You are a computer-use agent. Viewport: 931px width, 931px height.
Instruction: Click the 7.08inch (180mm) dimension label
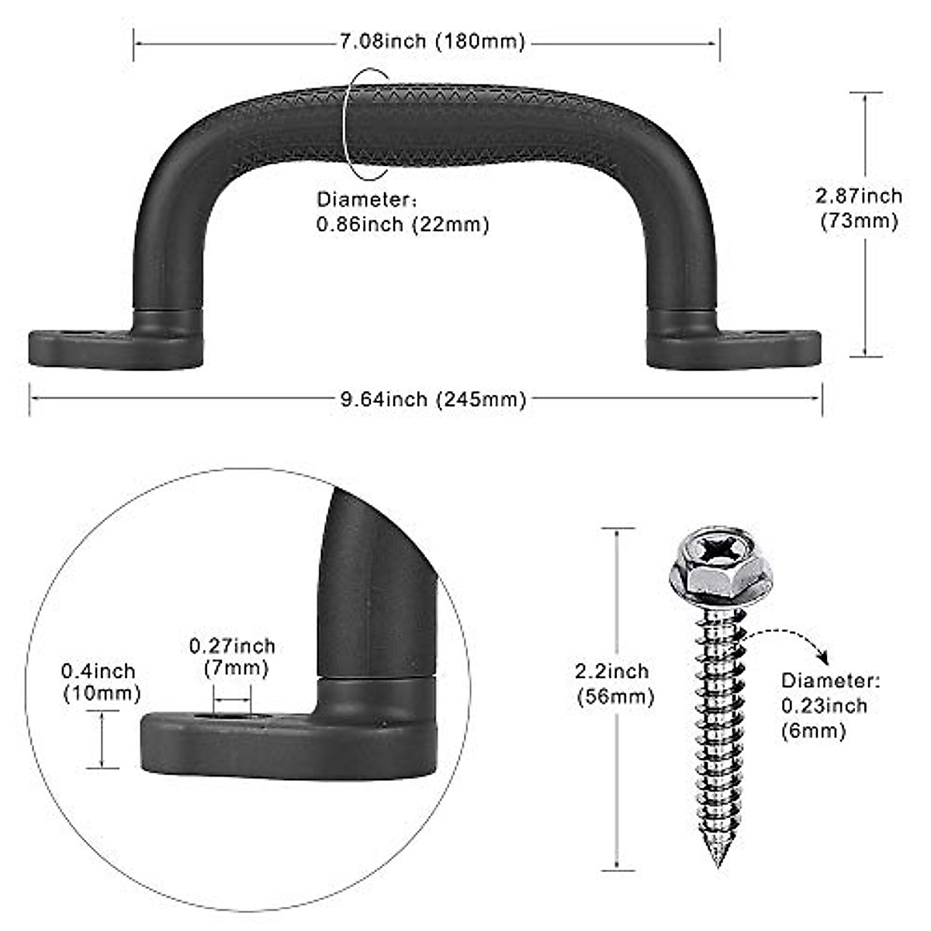[x=432, y=42]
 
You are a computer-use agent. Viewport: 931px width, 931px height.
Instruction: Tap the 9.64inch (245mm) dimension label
[x=434, y=399]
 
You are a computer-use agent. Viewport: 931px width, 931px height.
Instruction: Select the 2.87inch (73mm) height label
[x=859, y=208]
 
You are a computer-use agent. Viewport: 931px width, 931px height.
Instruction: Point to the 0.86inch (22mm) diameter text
[x=403, y=225]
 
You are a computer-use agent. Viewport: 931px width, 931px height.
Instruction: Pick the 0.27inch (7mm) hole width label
[x=232, y=656]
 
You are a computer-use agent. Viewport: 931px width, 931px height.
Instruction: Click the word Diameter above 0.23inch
[x=829, y=681]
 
